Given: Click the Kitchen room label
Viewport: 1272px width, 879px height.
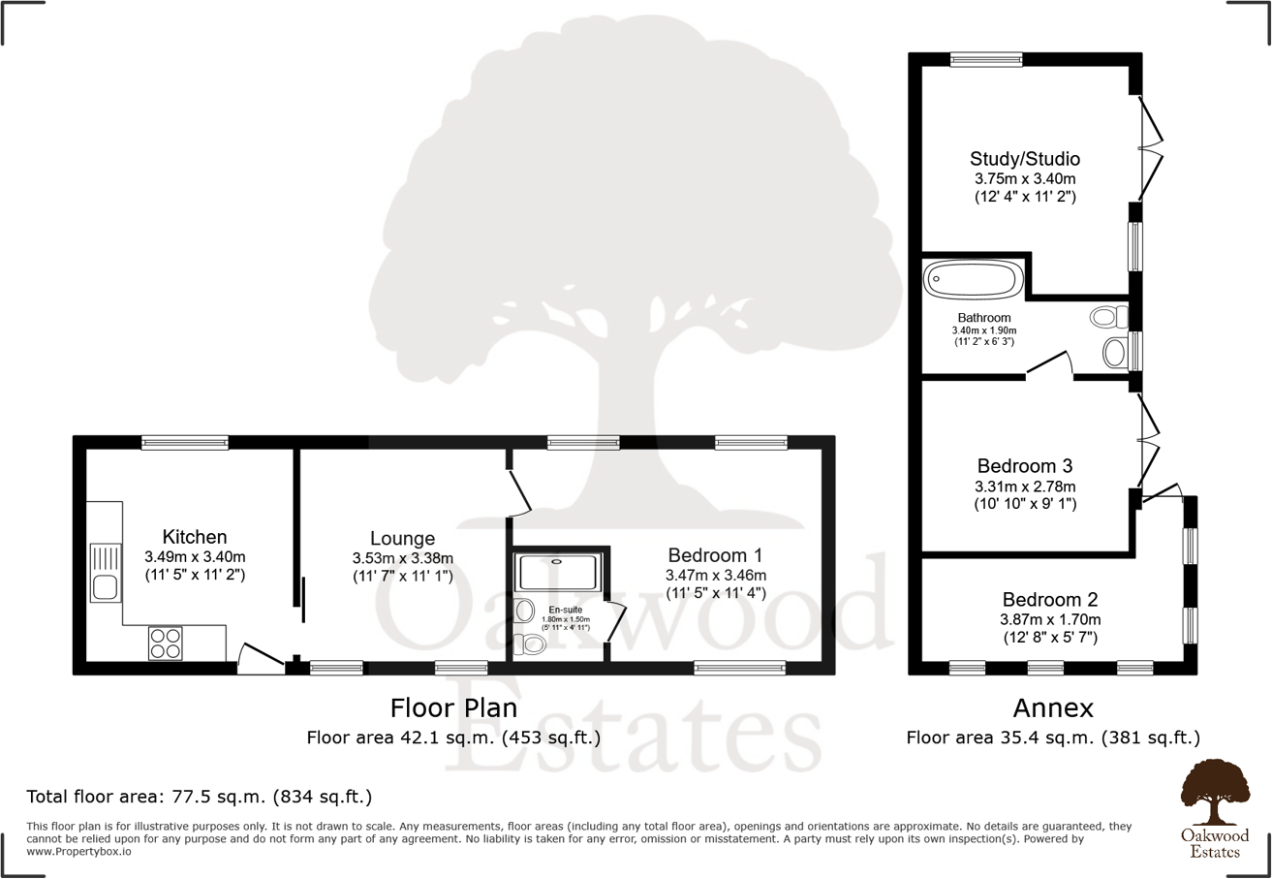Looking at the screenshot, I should [x=195, y=537].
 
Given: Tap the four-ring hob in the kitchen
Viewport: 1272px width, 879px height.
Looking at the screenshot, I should [x=165, y=644].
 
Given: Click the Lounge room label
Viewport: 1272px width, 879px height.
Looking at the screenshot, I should [x=402, y=539].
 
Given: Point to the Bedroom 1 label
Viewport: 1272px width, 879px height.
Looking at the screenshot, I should [x=715, y=555].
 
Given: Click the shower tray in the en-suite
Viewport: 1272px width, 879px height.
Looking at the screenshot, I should [x=558, y=573].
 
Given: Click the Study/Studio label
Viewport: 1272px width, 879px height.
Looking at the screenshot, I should [x=1025, y=159].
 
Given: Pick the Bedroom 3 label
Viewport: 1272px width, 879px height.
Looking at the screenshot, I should [x=1025, y=465].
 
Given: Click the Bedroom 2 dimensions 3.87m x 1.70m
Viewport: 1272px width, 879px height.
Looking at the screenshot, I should [x=1051, y=619].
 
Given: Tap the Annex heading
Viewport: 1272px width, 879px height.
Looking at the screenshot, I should [x=1053, y=707].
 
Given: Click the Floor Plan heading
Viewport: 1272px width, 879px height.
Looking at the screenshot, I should [x=452, y=706].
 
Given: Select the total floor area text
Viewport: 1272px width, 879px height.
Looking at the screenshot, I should [x=200, y=798].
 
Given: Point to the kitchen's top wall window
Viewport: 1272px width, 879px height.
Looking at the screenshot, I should [x=184, y=443].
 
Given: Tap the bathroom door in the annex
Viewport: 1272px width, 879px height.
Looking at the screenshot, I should [x=1049, y=363].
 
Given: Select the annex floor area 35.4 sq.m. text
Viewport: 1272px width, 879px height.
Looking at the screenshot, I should [x=1053, y=738].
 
